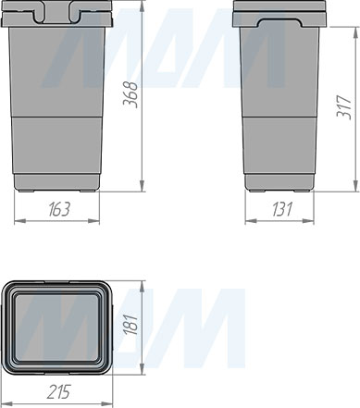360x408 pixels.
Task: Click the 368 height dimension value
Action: (x=130, y=94)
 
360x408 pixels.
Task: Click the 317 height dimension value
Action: (x=344, y=107)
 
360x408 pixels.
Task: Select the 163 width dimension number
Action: (x=59, y=209)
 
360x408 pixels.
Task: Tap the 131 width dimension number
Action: (x=282, y=209)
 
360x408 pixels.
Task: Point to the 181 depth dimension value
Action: (x=130, y=325)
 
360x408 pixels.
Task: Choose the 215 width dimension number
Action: (x=59, y=391)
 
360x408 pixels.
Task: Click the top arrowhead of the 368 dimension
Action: (x=142, y=6)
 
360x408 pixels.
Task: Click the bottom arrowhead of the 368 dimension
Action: (x=142, y=186)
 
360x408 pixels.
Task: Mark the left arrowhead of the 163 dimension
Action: (x=20, y=221)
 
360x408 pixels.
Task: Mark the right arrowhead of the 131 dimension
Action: (x=308, y=221)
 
